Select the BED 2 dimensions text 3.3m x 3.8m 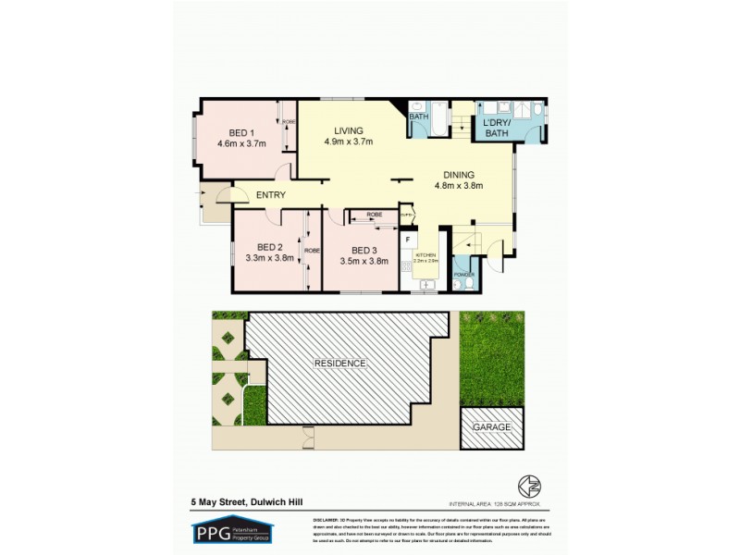click(268, 258)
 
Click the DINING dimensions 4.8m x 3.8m click(458, 185)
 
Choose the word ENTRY click(270, 195)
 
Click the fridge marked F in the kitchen click(407, 240)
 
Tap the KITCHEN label click(425, 254)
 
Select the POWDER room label click(463, 275)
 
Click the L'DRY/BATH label click(497, 128)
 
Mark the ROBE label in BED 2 click(312, 250)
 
